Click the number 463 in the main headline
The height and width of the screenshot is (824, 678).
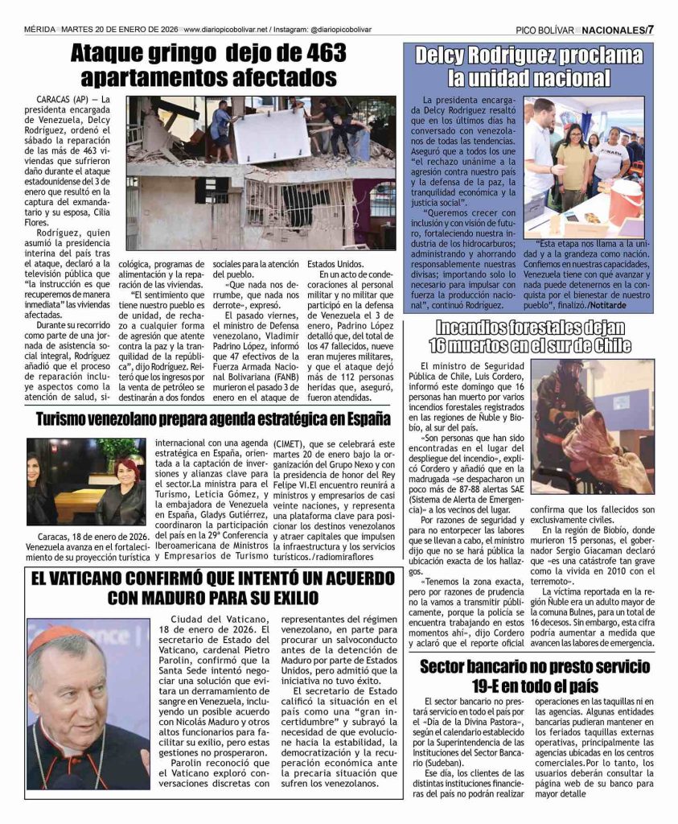[x=318, y=54]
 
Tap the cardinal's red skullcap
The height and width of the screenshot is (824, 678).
[x=55, y=639]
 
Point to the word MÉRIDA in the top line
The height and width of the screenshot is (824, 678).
[x=39, y=31]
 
